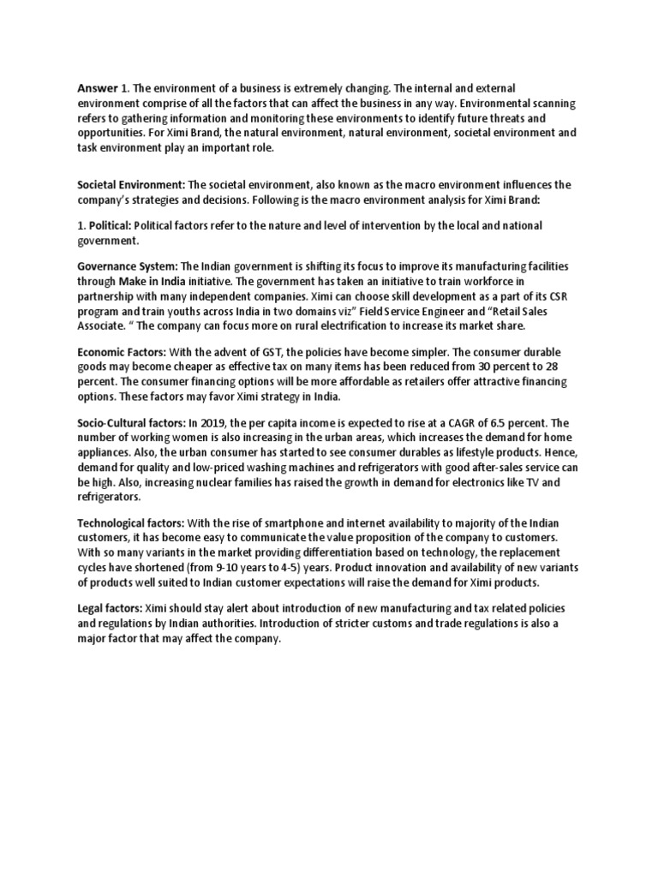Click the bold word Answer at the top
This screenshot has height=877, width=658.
[x=97, y=88]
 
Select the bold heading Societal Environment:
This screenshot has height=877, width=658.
[x=131, y=185]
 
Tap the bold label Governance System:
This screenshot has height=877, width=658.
[x=127, y=267]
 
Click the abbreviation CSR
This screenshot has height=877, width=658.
[x=559, y=295]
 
